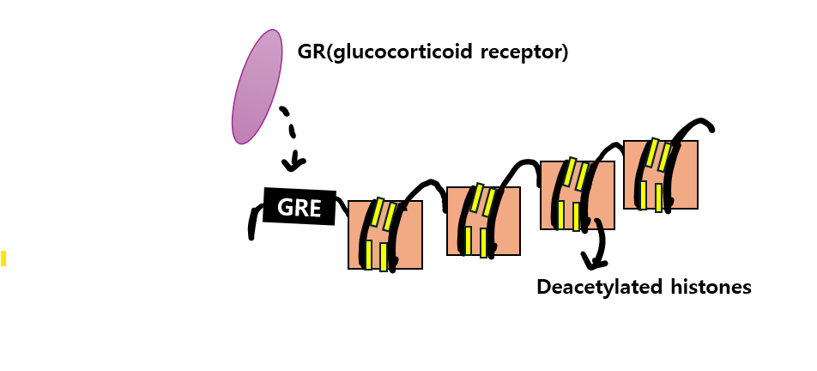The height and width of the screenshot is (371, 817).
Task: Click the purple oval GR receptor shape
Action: pyautogui.click(x=257, y=87)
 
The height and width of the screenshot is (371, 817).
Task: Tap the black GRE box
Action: pyautogui.click(x=299, y=206)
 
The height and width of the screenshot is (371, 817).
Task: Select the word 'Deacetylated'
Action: pyautogui.click(x=597, y=287)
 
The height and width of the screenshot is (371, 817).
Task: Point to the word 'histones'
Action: pyautogui.click(x=709, y=287)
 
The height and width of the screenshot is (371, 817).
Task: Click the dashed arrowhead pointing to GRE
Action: pyautogui.click(x=296, y=161)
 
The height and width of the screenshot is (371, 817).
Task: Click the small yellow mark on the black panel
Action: pyautogui.click(x=3, y=258)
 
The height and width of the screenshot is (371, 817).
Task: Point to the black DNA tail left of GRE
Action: pyautogui.click(x=252, y=222)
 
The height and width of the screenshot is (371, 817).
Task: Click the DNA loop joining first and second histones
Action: pyautogui.click(x=425, y=186)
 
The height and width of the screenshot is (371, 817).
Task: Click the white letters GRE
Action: pyautogui.click(x=299, y=206)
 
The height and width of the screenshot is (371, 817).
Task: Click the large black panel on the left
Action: pyautogui.click(x=98, y=129)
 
